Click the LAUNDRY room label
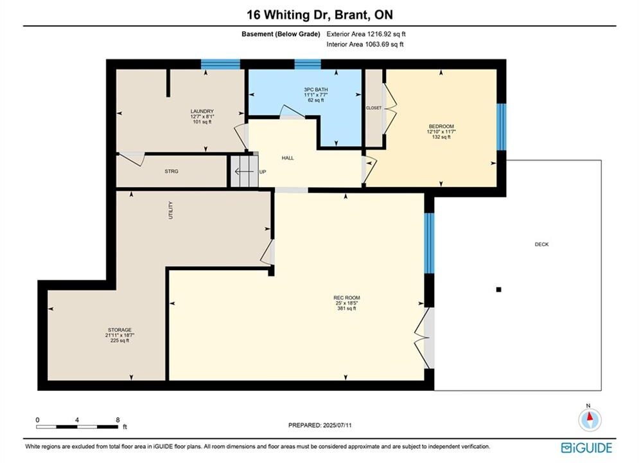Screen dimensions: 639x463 pos(202,111)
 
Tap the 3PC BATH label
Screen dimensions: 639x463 pos(316,90)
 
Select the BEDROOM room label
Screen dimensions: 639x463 pos(441,127)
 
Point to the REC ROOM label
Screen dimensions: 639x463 pos(347,298)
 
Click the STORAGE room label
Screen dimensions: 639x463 pos(120,330)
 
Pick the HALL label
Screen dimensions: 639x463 pos(288,158)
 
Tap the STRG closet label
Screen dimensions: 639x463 pos(171,171)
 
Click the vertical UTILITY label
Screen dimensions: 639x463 pos(171,210)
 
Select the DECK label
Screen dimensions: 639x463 pos(541,244)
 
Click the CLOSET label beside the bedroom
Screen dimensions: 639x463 pos(374,108)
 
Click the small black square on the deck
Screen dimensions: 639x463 pos(498,289)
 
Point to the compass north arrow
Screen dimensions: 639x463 pos(590,417)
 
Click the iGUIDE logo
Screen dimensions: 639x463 pos(586,448)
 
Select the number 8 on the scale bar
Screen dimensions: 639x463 pos(118,420)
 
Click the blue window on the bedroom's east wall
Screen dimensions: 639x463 pos(502,127)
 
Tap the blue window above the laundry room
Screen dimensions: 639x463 pos(220,64)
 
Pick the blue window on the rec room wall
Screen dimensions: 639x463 pos(429,243)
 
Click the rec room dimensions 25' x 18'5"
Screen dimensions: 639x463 pos(347,303)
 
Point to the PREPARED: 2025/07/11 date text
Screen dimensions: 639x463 pos(320,425)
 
